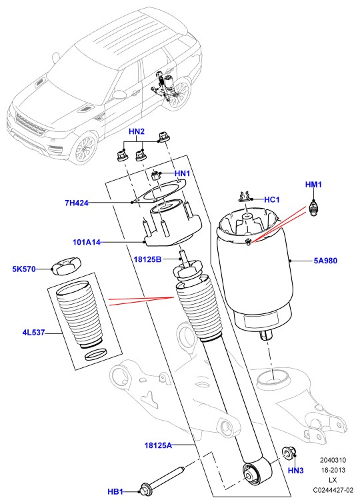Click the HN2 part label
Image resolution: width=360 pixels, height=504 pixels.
pyautogui.click(x=137, y=131)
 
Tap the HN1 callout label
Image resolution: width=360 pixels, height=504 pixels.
pyautogui.click(x=182, y=173)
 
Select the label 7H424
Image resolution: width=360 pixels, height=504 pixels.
pyautogui.click(x=77, y=203)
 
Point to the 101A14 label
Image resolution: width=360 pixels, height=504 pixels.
pyautogui.click(x=87, y=242)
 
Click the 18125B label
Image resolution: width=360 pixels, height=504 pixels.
pyautogui.click(x=147, y=259)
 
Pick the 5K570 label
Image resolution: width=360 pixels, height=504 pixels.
pyautogui.click(x=24, y=269)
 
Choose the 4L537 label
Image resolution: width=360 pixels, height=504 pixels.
pyautogui.click(x=33, y=333)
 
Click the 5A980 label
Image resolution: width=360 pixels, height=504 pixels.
pyautogui.click(x=325, y=261)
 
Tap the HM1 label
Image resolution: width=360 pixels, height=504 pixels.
pyautogui.click(x=313, y=185)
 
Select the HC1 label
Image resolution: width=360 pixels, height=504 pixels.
pyautogui.click(x=272, y=199)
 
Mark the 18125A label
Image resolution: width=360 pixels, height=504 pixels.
pyautogui.click(x=158, y=445)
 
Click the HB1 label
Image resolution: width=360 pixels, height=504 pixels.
pyautogui.click(x=115, y=492)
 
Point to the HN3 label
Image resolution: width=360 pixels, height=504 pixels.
pyautogui.click(x=296, y=471)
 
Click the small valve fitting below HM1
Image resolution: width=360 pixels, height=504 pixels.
pyautogui.click(x=313, y=208)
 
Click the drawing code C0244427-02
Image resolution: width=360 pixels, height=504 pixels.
pyautogui.click(x=333, y=490)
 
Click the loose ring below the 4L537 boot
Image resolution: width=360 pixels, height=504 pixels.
pyautogui.click(x=95, y=355)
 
